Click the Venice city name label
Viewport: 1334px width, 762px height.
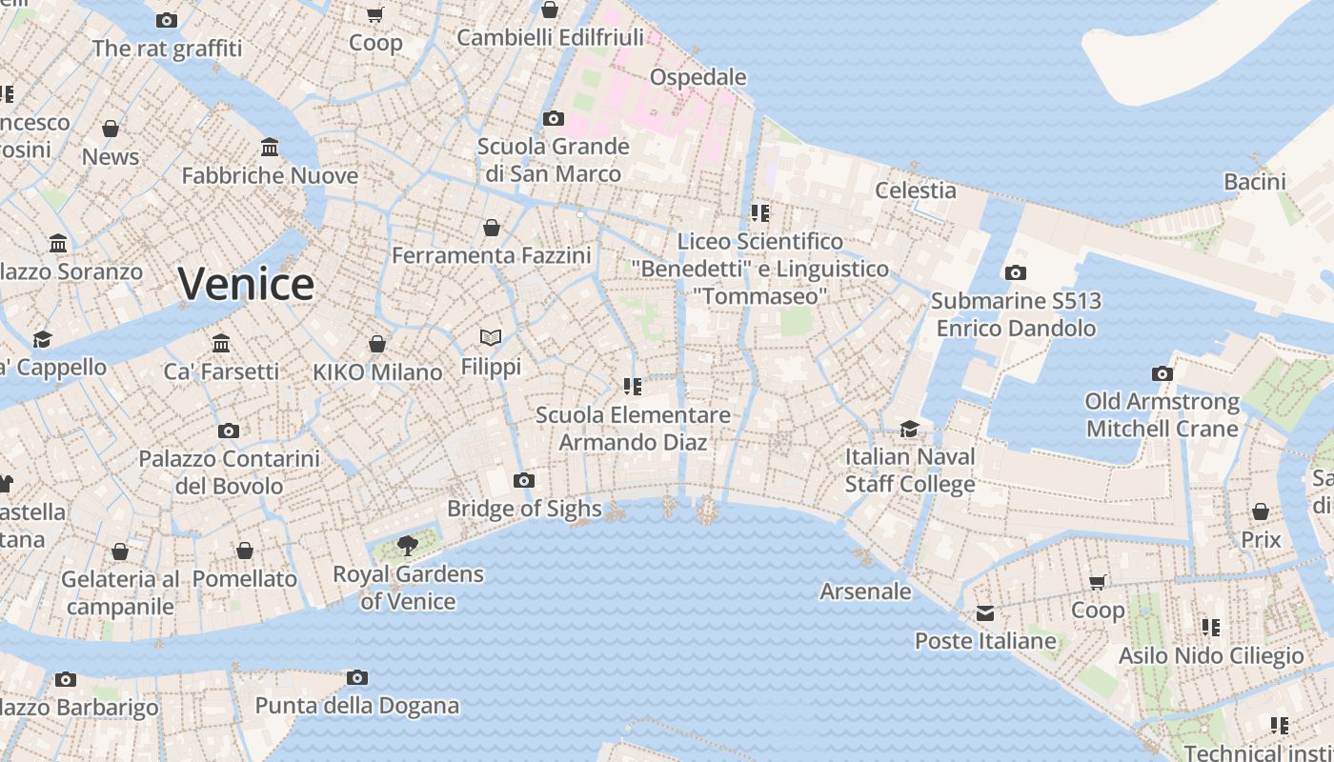(x=246, y=284)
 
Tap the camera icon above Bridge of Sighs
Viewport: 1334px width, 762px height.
(x=523, y=480)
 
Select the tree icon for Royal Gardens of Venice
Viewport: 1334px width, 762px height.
(x=408, y=546)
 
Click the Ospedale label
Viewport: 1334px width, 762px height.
(x=697, y=76)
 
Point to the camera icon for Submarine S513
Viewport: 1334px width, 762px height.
(x=1016, y=273)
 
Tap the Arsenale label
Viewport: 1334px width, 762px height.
(x=865, y=592)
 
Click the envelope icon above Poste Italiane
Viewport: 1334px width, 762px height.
(x=984, y=612)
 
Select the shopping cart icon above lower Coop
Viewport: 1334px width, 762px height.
(x=1098, y=581)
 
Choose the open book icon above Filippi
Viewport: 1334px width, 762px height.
(x=491, y=337)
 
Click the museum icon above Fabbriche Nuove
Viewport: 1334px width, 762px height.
(x=270, y=148)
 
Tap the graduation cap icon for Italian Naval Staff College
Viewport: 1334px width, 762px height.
(x=910, y=429)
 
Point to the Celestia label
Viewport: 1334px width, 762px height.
(x=915, y=190)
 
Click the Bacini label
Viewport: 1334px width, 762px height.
(x=1254, y=181)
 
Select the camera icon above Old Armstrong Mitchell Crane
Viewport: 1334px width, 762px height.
(x=1162, y=373)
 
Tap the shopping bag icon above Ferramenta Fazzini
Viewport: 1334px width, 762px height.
(x=492, y=228)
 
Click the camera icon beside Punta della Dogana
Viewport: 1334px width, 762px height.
(x=357, y=677)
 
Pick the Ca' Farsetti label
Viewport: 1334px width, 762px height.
(x=221, y=371)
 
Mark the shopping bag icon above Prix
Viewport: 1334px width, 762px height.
(x=1261, y=511)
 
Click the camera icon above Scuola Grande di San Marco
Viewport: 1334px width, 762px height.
(x=554, y=119)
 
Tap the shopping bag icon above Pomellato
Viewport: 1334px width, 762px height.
(x=245, y=551)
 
